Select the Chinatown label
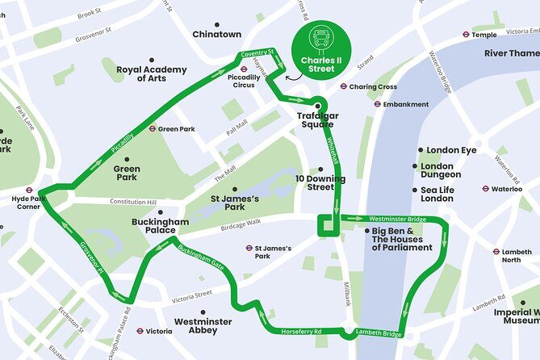coord(216,34)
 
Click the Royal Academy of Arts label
coord(152,73)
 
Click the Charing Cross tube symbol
coord(344,86)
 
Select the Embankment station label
coord(406,104)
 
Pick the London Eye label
coord(451,150)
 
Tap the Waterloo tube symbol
coord(485,189)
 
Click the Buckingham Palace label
coord(161,225)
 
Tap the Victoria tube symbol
coord(140,330)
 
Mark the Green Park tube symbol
coord(152,128)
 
